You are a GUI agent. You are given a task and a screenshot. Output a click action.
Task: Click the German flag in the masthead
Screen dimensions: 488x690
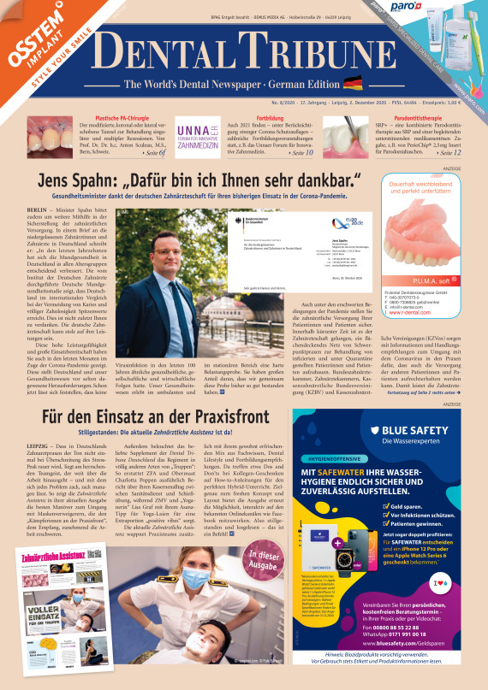tap(352, 84)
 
